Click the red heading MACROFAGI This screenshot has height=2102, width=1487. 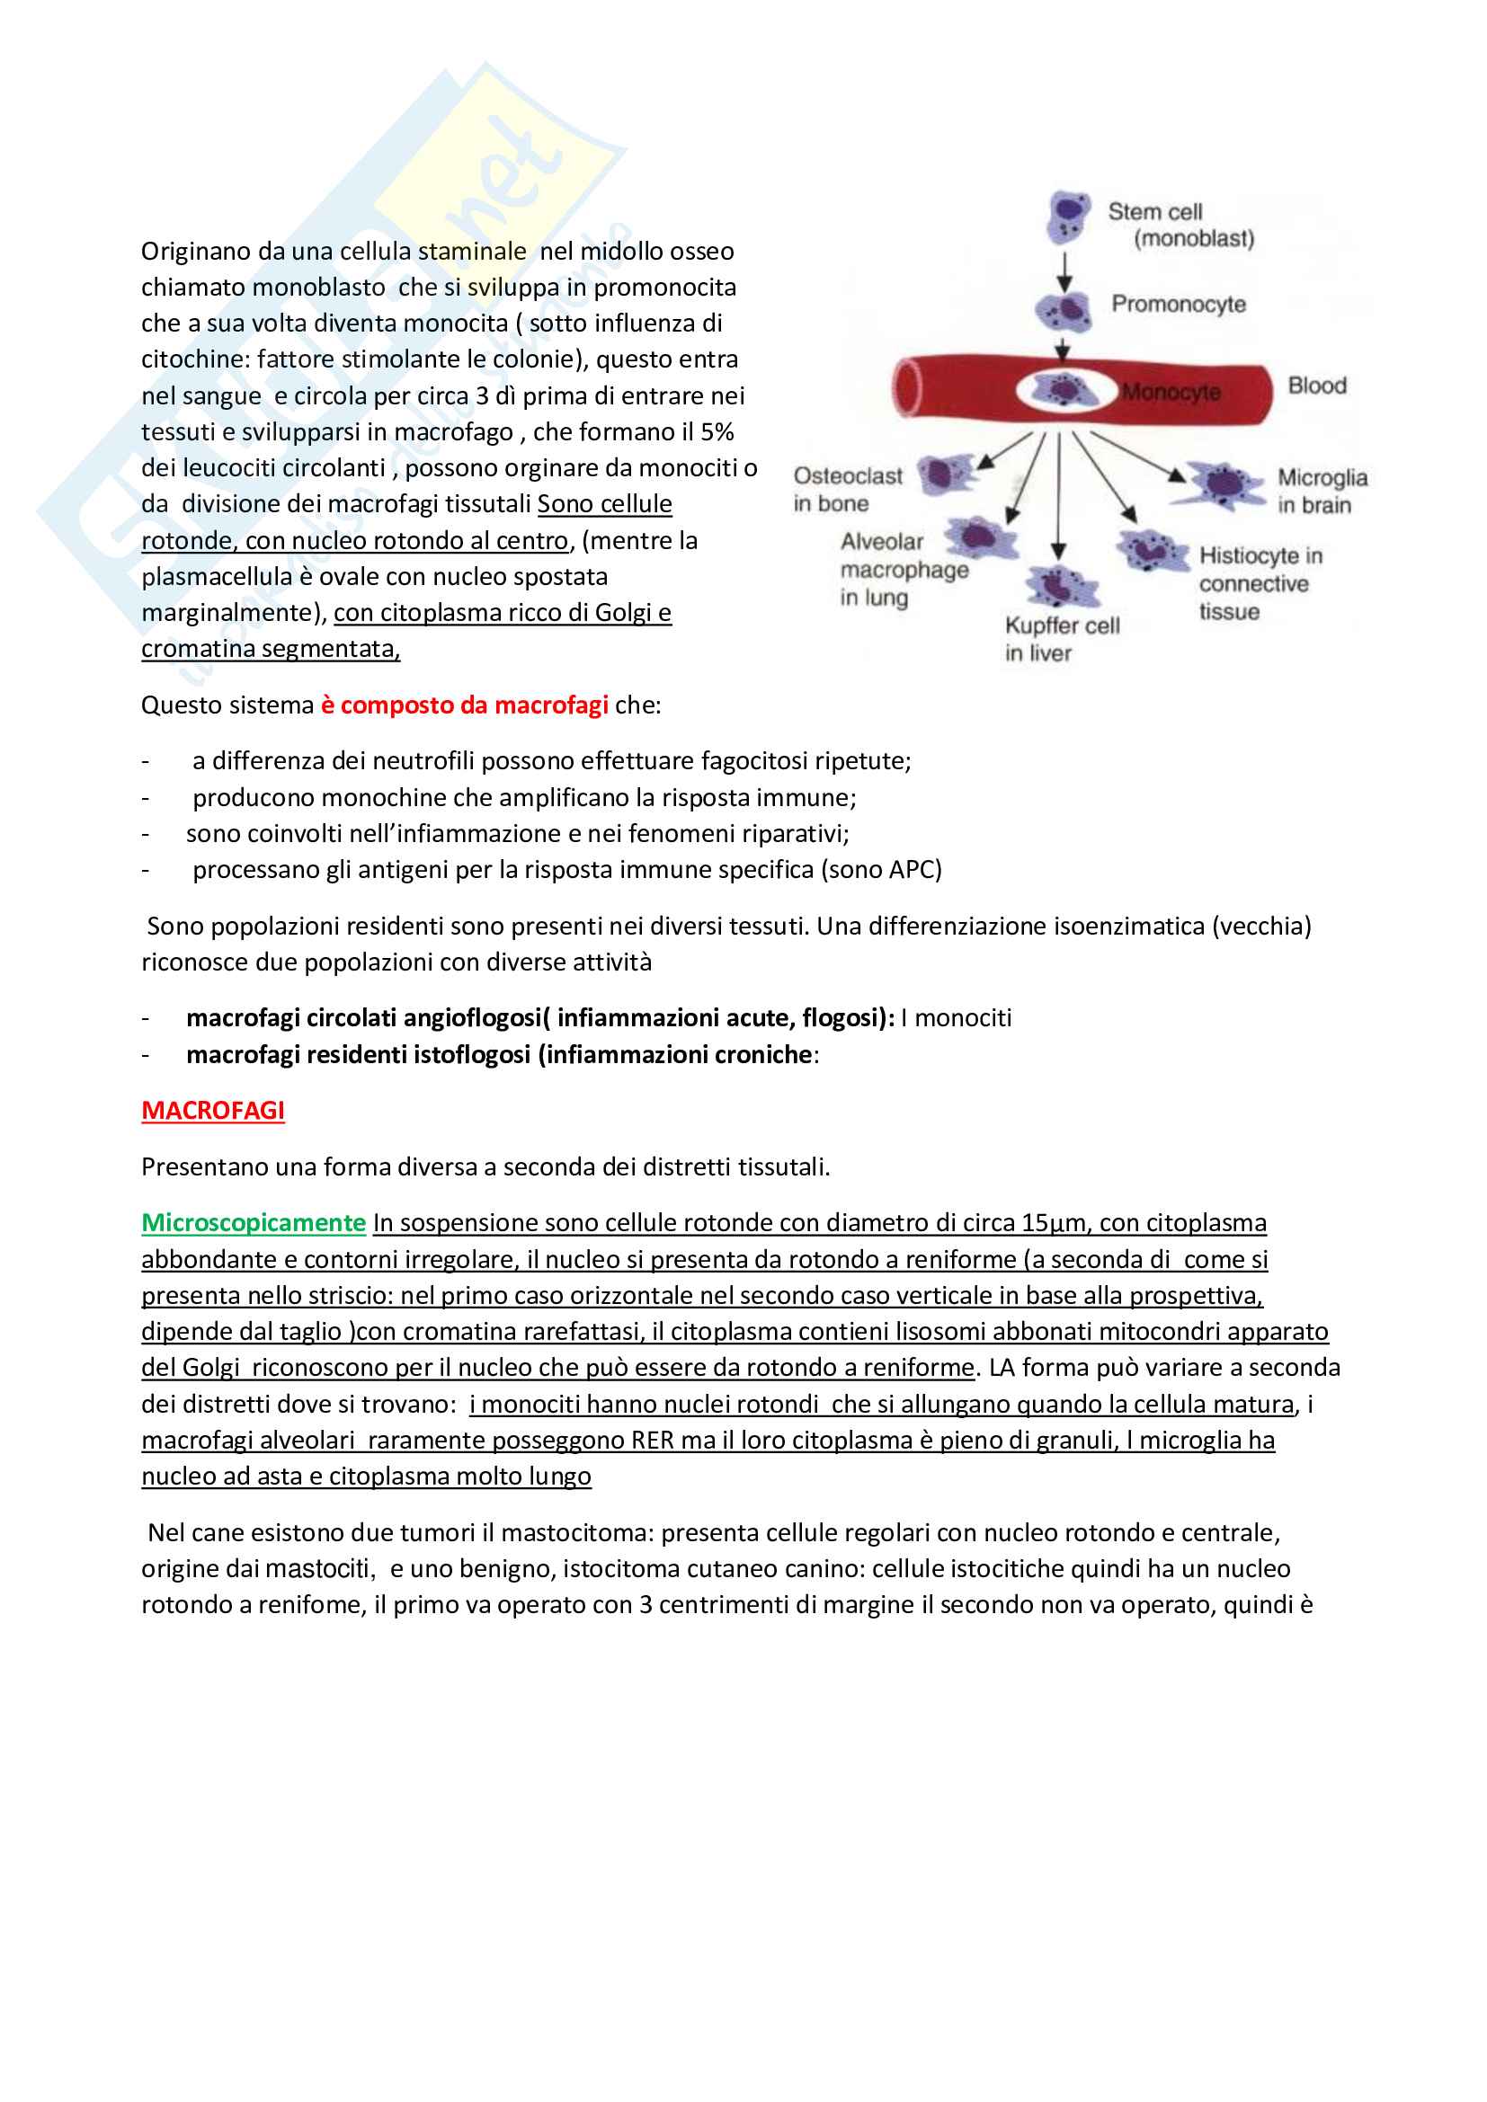[x=212, y=1111]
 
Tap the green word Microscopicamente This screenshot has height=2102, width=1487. [x=254, y=1223]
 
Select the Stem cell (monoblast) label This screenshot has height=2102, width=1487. [x=1180, y=226]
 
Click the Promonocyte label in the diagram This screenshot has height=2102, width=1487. [x=1179, y=304]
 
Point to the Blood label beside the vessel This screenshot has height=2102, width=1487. [x=1317, y=386]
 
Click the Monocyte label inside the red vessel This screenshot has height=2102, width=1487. [x=1171, y=392]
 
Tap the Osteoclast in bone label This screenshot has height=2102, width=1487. [x=847, y=490]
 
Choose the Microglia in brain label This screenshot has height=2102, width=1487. [x=1322, y=491]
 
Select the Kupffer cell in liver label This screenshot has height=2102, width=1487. [x=1061, y=639]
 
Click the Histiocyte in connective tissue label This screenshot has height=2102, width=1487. [x=1260, y=583]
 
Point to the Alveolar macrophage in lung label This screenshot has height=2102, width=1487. [x=903, y=570]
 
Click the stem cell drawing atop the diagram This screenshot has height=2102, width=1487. [x=1069, y=215]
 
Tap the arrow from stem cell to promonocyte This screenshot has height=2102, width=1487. [x=1064, y=272]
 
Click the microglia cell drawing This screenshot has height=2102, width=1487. [x=1224, y=484]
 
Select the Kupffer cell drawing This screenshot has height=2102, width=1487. [x=1059, y=586]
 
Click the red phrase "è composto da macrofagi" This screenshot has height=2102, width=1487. [x=464, y=705]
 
